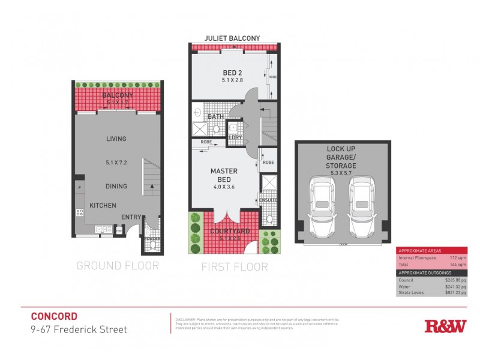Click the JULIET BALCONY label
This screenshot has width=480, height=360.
tap(233, 38)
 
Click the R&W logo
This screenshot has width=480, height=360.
tap(445, 326)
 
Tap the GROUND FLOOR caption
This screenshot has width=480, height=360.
tap(118, 265)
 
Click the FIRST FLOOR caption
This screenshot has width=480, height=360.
tap(235, 266)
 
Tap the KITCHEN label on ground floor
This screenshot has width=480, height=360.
tap(103, 206)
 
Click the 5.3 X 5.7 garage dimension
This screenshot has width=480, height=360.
tap(342, 173)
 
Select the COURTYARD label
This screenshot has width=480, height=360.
tap(225, 232)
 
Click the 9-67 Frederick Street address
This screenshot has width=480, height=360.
tap(79, 329)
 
